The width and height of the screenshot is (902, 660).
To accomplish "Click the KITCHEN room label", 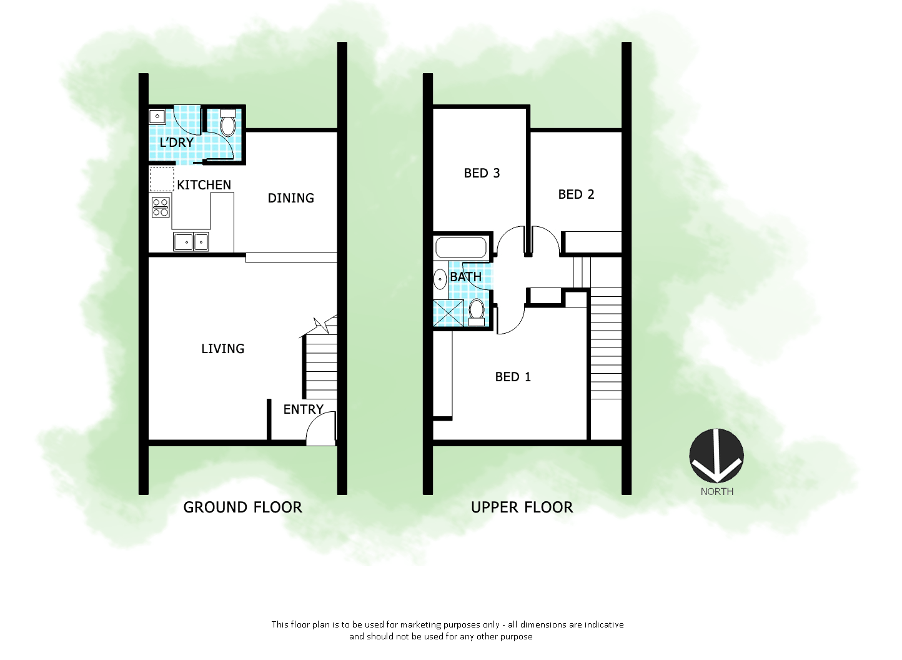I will [x=204, y=185].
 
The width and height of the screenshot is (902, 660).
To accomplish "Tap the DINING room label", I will [x=290, y=198].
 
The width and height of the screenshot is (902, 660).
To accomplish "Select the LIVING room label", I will [x=222, y=349].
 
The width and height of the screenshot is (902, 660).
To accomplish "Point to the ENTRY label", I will [x=303, y=409].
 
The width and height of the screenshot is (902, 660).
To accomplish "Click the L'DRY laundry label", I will [x=176, y=142].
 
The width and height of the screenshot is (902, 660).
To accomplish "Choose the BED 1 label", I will [x=513, y=377].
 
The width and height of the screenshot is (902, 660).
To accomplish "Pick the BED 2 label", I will [x=576, y=194].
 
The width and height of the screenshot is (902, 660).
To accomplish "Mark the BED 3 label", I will [x=482, y=173].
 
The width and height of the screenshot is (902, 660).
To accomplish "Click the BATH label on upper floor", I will [x=465, y=277].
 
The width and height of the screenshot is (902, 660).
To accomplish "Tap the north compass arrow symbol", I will [x=716, y=456].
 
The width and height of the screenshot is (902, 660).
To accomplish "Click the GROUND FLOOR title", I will [x=242, y=507].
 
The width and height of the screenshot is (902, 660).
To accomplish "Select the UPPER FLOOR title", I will [x=522, y=507].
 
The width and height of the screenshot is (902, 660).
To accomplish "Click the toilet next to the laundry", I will [x=228, y=124].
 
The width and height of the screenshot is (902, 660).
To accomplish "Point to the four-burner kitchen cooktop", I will [x=161, y=207].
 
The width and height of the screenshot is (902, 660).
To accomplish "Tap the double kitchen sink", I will [x=191, y=241].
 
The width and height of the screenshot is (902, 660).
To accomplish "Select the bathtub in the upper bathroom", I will [x=461, y=247].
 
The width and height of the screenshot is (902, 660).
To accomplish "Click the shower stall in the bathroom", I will [x=449, y=313].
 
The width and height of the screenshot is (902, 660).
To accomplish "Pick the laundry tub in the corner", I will [x=157, y=116].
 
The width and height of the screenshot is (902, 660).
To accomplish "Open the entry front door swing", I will [x=321, y=431].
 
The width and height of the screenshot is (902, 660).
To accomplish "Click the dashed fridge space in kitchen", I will [x=161, y=179].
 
